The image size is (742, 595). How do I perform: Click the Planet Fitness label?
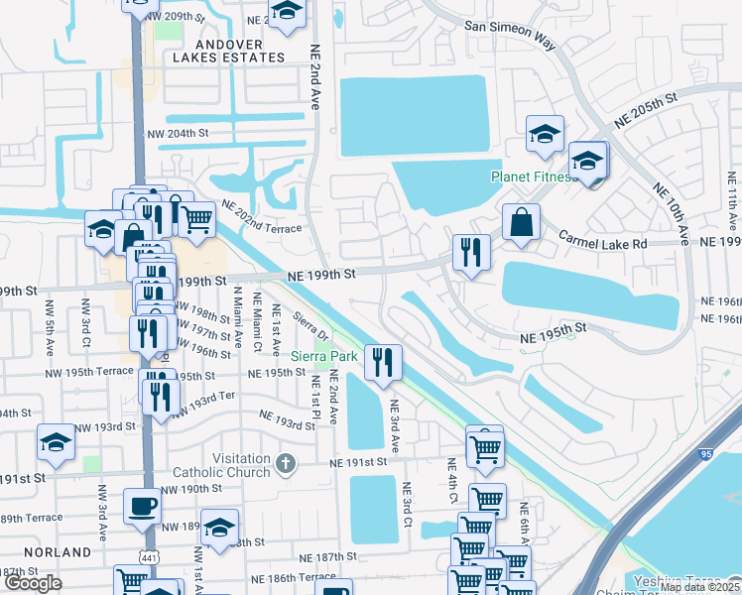[x=534, y=178]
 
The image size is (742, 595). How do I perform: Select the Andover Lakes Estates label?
[x=229, y=51]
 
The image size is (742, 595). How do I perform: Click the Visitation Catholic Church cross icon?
[x=286, y=462]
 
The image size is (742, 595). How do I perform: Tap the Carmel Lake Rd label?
[x=602, y=239]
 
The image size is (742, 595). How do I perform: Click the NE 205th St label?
[x=645, y=109]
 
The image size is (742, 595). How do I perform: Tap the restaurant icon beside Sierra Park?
[x=382, y=363]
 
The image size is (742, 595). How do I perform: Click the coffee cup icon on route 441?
[x=142, y=507]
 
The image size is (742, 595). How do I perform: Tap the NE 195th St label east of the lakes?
[x=555, y=333]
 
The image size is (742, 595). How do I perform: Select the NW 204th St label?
[x=179, y=133]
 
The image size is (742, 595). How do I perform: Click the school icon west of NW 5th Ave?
[x=56, y=444]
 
